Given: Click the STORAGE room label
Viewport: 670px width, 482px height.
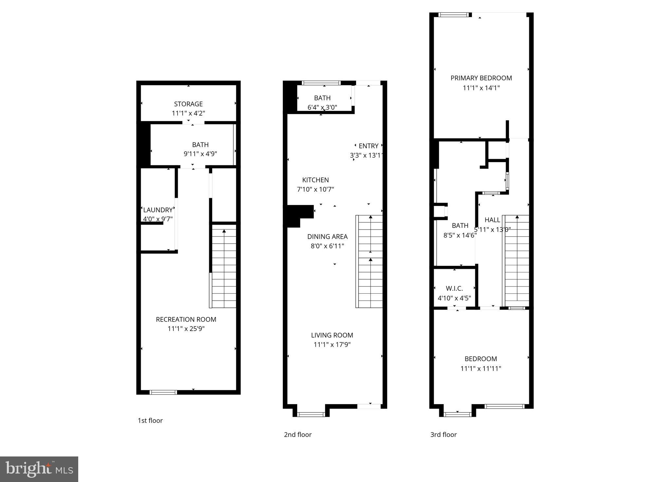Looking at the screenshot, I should tap(188, 104).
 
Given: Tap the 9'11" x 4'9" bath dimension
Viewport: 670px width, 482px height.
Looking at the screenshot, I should tap(200, 154).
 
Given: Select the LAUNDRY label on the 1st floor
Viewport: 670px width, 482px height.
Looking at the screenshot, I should tap(158, 210).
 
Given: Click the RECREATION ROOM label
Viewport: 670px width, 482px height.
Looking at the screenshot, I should tap(186, 319).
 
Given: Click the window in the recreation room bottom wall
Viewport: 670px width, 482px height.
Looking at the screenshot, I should tap(163, 392).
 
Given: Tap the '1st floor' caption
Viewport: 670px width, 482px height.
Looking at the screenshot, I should tap(150, 420).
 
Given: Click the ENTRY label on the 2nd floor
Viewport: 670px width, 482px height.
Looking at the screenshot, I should tap(369, 146).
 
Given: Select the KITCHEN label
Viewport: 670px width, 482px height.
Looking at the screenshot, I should tap(315, 180).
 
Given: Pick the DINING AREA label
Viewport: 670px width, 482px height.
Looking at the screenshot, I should tap(327, 236).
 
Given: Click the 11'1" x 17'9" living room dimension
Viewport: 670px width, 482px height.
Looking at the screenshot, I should tap(332, 344).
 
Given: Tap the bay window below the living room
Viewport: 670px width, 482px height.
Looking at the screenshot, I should tap(311, 415).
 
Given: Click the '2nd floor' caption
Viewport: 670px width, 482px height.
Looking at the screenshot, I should tap(298, 435).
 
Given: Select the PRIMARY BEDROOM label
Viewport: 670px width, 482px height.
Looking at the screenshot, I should tap(481, 78).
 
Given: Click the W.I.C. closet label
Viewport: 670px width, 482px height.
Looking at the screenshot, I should tap(454, 288).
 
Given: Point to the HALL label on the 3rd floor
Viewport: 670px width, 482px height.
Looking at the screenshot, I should tap(492, 220).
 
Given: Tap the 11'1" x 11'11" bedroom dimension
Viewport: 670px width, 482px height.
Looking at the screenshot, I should tap(481, 368).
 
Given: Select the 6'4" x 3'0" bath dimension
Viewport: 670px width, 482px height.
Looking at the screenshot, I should tap(322, 107).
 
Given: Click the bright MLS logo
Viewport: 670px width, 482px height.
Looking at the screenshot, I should tap(39, 469).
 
